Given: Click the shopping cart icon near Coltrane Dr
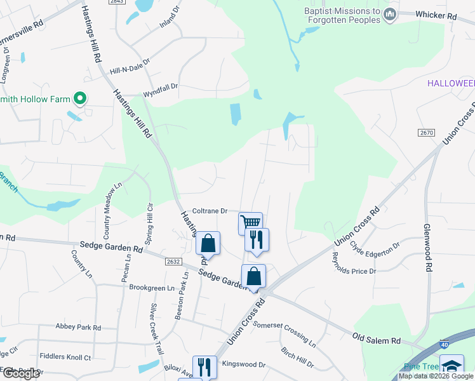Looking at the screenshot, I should (250, 222).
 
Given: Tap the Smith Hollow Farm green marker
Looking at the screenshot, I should (79, 98).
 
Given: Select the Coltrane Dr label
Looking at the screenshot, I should (210, 211).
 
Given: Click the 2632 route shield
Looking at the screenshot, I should (171, 260).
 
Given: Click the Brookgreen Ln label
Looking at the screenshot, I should (151, 288).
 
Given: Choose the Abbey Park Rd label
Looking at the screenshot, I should (78, 328).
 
